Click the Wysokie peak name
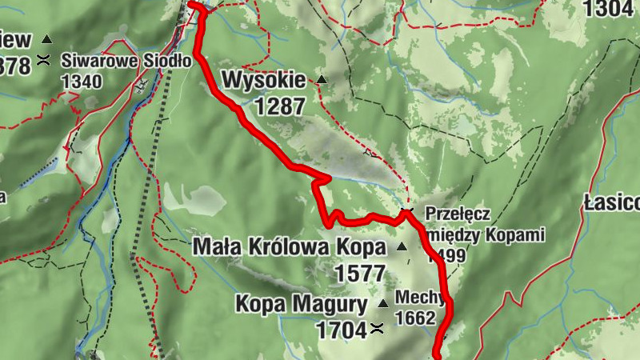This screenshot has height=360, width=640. point(264,80)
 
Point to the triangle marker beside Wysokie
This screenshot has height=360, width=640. point(322,79)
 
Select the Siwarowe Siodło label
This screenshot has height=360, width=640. point(126,61)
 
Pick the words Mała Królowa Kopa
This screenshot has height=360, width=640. point(289,247)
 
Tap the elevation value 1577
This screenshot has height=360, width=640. point(360,273)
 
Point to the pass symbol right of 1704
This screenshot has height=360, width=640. point(376,328)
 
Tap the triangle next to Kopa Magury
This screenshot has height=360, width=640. point(382,303)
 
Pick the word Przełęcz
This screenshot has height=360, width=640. point(458,214)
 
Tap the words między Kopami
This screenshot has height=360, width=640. point(486,235)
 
